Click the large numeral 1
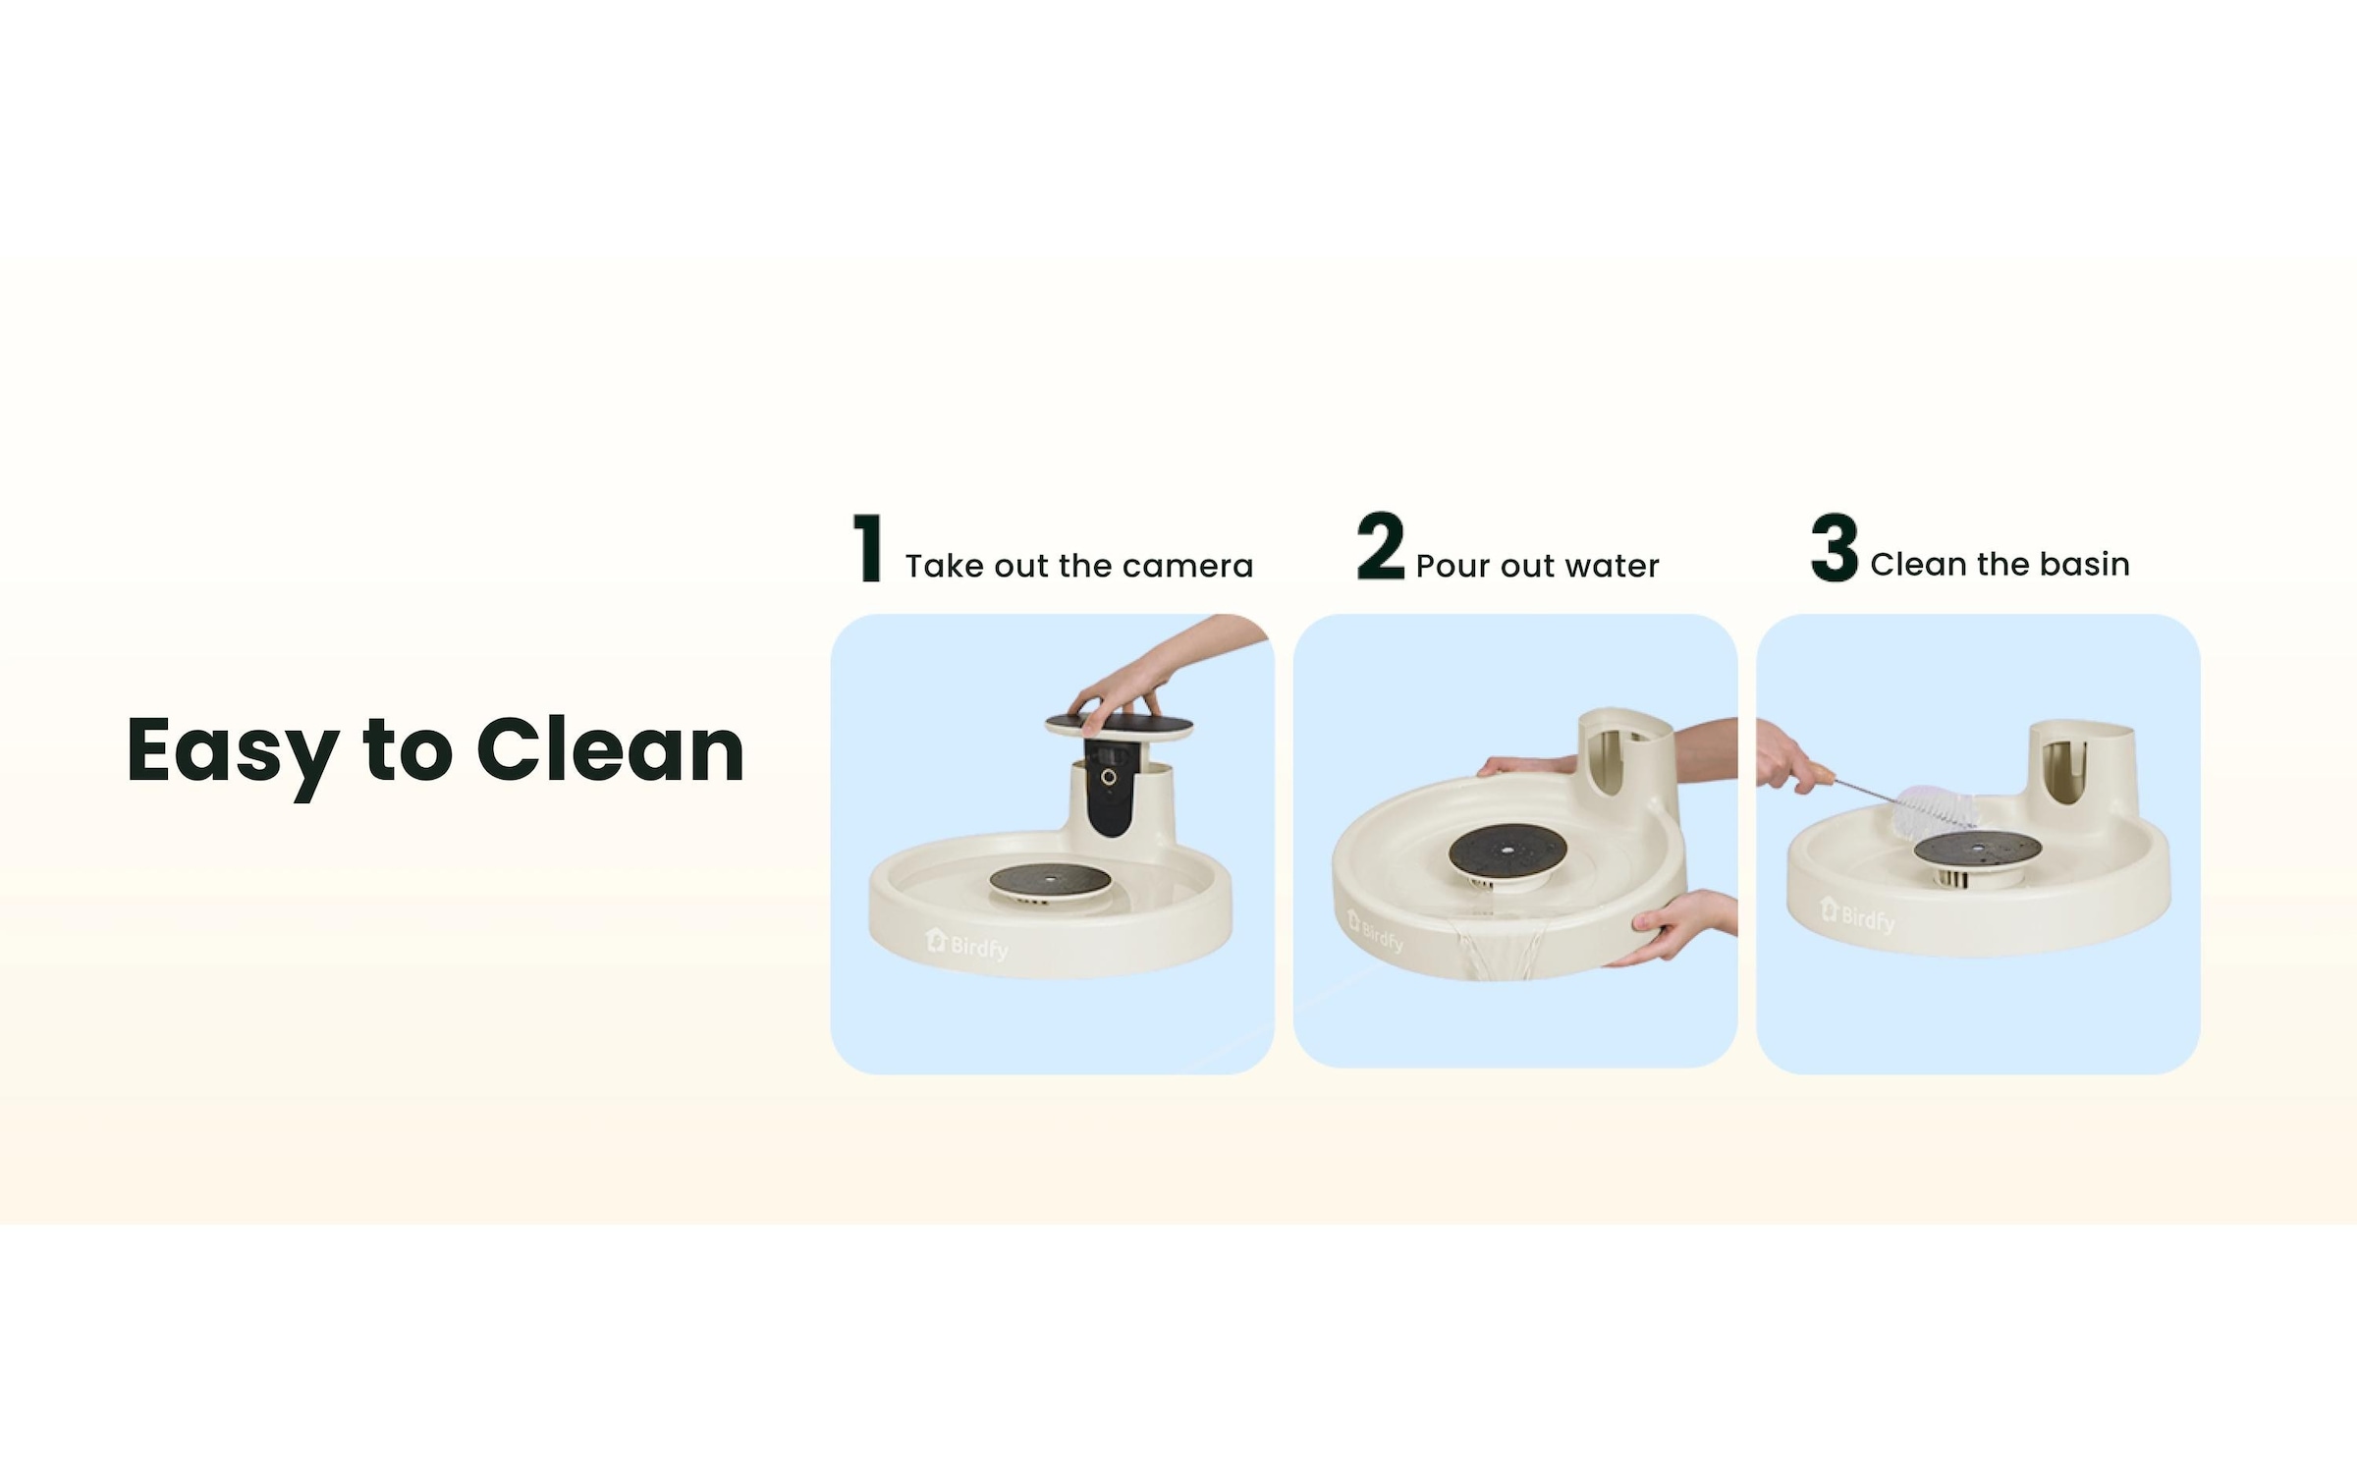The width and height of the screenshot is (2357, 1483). (868, 548)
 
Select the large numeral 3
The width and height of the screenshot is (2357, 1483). (1835, 546)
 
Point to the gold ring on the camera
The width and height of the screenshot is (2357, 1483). (1108, 777)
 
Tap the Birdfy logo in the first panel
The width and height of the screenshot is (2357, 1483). (966, 945)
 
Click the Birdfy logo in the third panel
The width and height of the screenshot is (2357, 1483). (1856, 915)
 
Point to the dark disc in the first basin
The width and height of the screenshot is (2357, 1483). (1050, 880)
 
